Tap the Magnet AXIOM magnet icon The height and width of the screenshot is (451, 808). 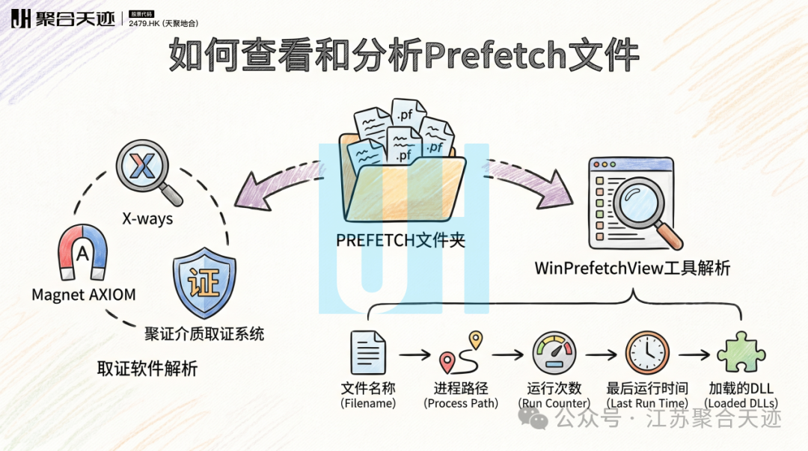(x=82, y=251)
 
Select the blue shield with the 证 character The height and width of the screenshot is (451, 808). (x=204, y=283)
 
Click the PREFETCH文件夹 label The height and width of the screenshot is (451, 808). (x=400, y=240)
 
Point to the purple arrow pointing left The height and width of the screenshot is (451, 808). (x=278, y=186)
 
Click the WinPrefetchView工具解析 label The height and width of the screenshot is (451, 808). (x=632, y=268)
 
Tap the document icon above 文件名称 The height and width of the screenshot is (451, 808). (x=368, y=352)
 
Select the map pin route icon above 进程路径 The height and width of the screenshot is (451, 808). (x=461, y=352)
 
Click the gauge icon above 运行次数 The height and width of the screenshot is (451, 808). (x=554, y=352)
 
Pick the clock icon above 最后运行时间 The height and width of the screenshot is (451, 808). (x=647, y=352)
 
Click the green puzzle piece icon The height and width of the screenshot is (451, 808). (x=741, y=352)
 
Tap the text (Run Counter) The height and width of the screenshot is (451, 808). (x=554, y=403)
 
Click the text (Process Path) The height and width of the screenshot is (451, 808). (x=461, y=403)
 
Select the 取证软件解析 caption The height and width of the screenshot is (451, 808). (x=147, y=369)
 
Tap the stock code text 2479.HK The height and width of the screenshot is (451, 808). (x=144, y=23)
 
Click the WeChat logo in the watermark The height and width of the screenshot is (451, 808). (x=533, y=418)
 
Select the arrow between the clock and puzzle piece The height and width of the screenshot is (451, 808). (x=694, y=355)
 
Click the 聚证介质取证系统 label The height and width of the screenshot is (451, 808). (x=204, y=334)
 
